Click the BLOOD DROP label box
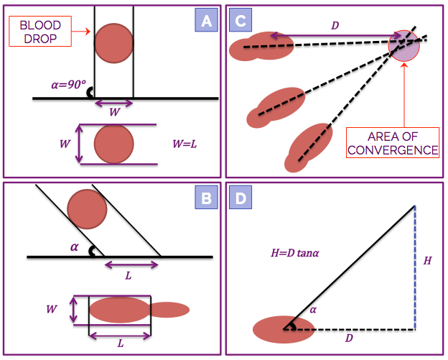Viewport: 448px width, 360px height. tap(40, 31)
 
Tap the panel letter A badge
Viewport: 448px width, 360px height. tap(206, 19)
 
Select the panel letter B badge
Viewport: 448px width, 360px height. tap(206, 198)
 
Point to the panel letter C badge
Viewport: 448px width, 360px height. tap(241, 19)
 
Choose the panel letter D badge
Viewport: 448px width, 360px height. tap(241, 198)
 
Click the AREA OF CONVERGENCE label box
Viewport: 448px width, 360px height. tap(393, 143)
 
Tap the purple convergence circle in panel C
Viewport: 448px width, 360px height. tap(403, 46)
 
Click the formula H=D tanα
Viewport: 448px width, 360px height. tap(295, 253)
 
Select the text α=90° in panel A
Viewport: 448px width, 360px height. tap(69, 84)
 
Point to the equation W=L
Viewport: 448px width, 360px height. tap(185, 144)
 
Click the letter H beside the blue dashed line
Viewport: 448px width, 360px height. tap(427, 261)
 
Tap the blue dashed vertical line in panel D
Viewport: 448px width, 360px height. tap(415, 267)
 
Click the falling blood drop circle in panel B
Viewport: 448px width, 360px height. tap(87, 209)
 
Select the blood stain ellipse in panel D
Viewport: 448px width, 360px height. tap(284, 329)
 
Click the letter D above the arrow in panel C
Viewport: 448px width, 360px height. tap(335, 25)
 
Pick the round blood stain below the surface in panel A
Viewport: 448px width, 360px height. tap(114, 144)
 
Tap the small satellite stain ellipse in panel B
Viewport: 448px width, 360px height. tap(169, 310)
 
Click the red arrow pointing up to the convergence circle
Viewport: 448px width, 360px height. tap(404, 95)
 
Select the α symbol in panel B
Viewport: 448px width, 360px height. tap(74, 246)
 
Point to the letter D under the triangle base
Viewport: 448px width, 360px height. tap(349, 338)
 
